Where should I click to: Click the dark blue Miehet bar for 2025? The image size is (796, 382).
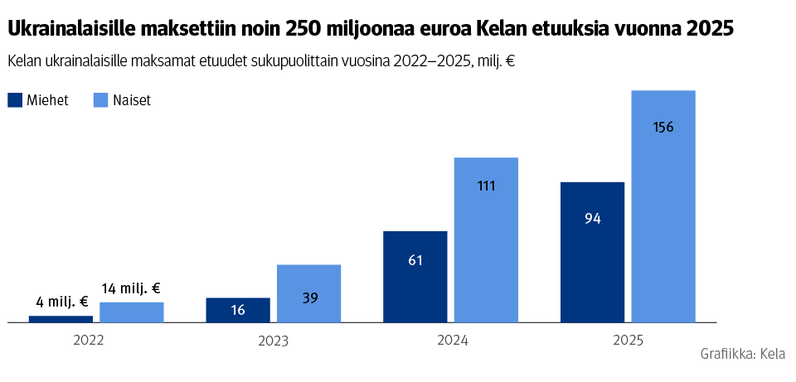pos(592,251)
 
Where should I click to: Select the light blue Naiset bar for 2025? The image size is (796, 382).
pos(663,206)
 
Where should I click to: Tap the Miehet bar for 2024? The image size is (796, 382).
pos(415,276)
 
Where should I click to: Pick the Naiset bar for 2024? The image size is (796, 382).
pos(486,239)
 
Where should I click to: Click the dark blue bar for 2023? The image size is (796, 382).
pos(238,309)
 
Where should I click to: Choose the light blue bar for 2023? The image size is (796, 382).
pos(308,293)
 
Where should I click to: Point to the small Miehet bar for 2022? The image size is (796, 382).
pos(61,319)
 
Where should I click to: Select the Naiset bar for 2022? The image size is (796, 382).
pos(131,312)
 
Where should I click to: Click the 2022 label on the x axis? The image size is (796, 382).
pos(89,340)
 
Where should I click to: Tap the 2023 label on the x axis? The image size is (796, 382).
pos(273,341)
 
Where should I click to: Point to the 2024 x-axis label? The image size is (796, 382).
pos(451,341)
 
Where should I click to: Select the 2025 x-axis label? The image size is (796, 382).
pos(628,341)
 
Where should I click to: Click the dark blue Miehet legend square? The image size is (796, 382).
pos(15,100)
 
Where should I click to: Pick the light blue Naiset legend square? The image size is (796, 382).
pos(101,100)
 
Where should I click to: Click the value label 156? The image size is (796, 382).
pos(663,128)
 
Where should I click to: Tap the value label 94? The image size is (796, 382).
pos(592,219)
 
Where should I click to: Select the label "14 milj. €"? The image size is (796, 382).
pos(131,288)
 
